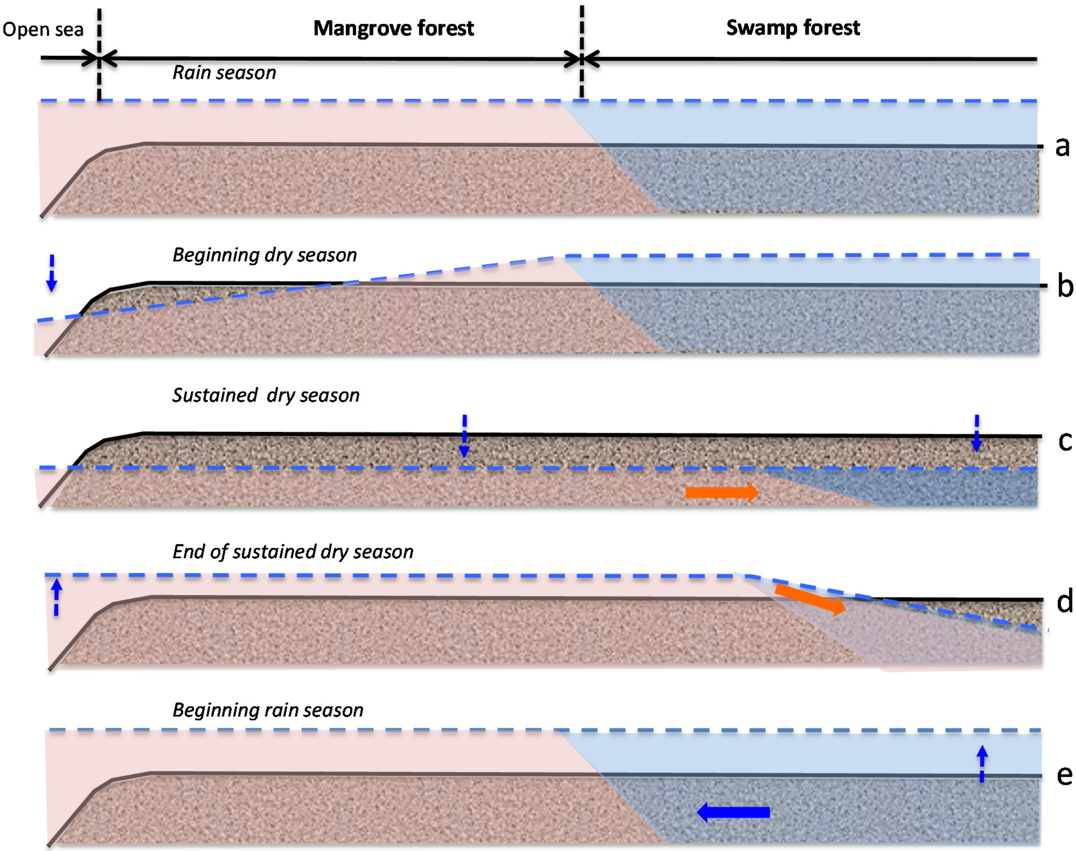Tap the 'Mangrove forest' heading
point(393,28)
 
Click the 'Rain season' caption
point(224,73)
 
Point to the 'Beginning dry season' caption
point(265,255)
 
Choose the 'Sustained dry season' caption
point(266,395)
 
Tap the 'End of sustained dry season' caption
point(293,552)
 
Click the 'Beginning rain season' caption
point(268,709)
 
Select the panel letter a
point(1062,147)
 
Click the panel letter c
point(1064,441)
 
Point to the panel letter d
point(1064,601)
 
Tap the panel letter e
point(1064,775)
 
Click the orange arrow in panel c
point(722,492)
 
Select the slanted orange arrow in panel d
point(811,599)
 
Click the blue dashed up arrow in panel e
point(982,763)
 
